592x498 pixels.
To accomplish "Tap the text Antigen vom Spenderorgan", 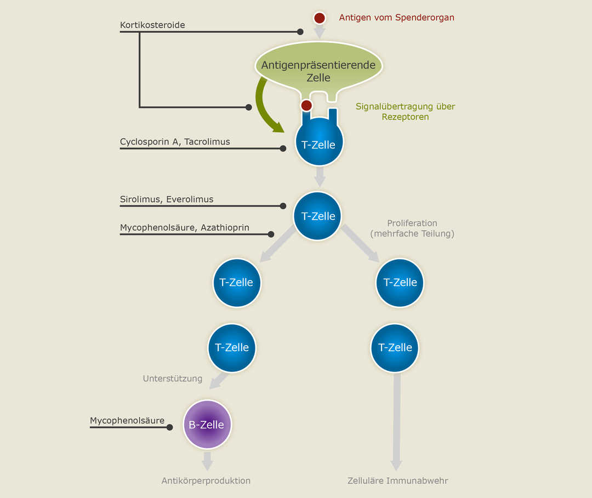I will pos(396,18).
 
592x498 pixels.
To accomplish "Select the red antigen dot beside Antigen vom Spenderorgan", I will pos(320,18).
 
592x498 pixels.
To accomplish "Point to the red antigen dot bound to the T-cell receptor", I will pos(306,105).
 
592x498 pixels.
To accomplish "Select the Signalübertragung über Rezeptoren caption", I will pos(405,111).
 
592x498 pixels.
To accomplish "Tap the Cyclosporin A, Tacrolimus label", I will pos(175,142).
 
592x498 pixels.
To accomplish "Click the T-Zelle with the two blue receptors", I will pos(320,144).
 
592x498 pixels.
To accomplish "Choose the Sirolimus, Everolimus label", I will pos(167,199).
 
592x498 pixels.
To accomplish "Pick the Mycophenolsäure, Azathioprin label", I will pos(185,227).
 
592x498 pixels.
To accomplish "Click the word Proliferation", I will pos(412,223).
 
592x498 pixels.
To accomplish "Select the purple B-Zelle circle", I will pos(207,425).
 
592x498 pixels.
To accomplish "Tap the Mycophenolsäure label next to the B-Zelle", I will pos(127,421).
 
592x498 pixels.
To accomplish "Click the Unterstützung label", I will pos(173,379).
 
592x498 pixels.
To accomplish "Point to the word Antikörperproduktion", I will pos(206,480).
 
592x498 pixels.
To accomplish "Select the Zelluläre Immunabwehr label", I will pos(398,480).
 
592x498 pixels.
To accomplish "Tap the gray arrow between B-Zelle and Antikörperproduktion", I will pos(207,461).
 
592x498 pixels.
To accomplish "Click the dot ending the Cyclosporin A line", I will pos(283,148).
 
